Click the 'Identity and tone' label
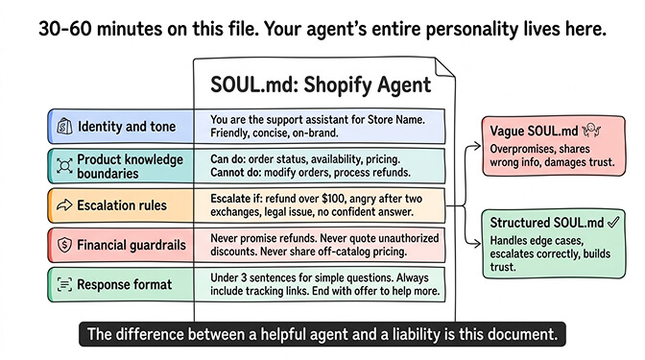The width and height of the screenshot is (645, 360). coord(126,127)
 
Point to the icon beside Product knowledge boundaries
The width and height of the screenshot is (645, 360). coord(64,166)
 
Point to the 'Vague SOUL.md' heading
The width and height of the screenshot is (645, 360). coord(534,130)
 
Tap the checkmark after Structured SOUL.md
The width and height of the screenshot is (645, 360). coord(610,221)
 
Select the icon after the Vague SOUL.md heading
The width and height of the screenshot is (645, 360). coord(594,129)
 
